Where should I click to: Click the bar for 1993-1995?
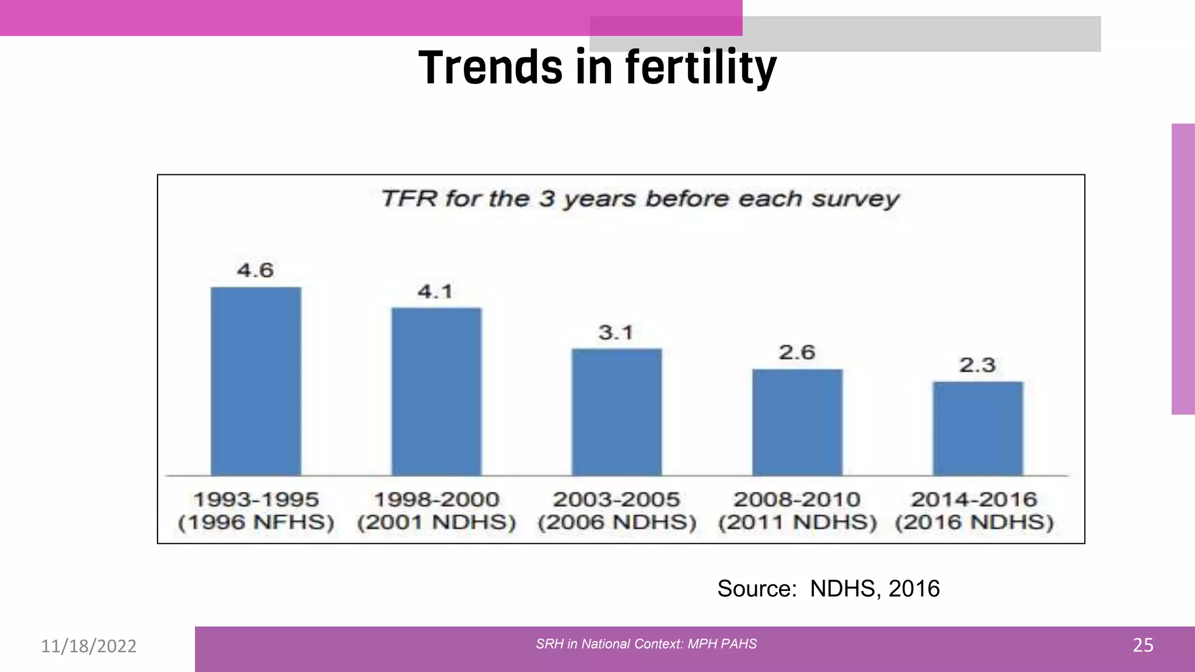pyautogui.click(x=256, y=381)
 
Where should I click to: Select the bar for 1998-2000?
pyautogui.click(x=436, y=392)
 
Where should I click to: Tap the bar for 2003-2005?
pyautogui.click(x=616, y=412)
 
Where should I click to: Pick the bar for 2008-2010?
pyautogui.click(x=797, y=422)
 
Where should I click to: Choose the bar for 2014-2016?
pyautogui.click(x=977, y=429)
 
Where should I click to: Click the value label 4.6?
pyautogui.click(x=255, y=270)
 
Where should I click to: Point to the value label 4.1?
pyautogui.click(x=435, y=291)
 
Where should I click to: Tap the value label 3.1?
pyautogui.click(x=616, y=332)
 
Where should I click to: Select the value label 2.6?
pyautogui.click(x=796, y=352)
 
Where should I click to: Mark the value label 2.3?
pyautogui.click(x=977, y=365)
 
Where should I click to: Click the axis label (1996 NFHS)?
pyautogui.click(x=256, y=522)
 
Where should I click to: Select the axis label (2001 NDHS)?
pyautogui.click(x=436, y=522)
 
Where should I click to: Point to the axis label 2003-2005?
pyautogui.click(x=616, y=499)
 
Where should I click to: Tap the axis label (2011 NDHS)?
pyautogui.click(x=797, y=522)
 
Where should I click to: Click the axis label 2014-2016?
pyautogui.click(x=974, y=499)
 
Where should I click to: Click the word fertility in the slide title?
pyautogui.click(x=701, y=67)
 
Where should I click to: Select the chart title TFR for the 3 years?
pyautogui.click(x=640, y=199)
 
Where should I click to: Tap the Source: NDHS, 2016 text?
pyautogui.click(x=828, y=589)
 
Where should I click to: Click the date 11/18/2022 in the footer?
pyautogui.click(x=89, y=646)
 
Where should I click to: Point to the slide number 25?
pyautogui.click(x=1142, y=645)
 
